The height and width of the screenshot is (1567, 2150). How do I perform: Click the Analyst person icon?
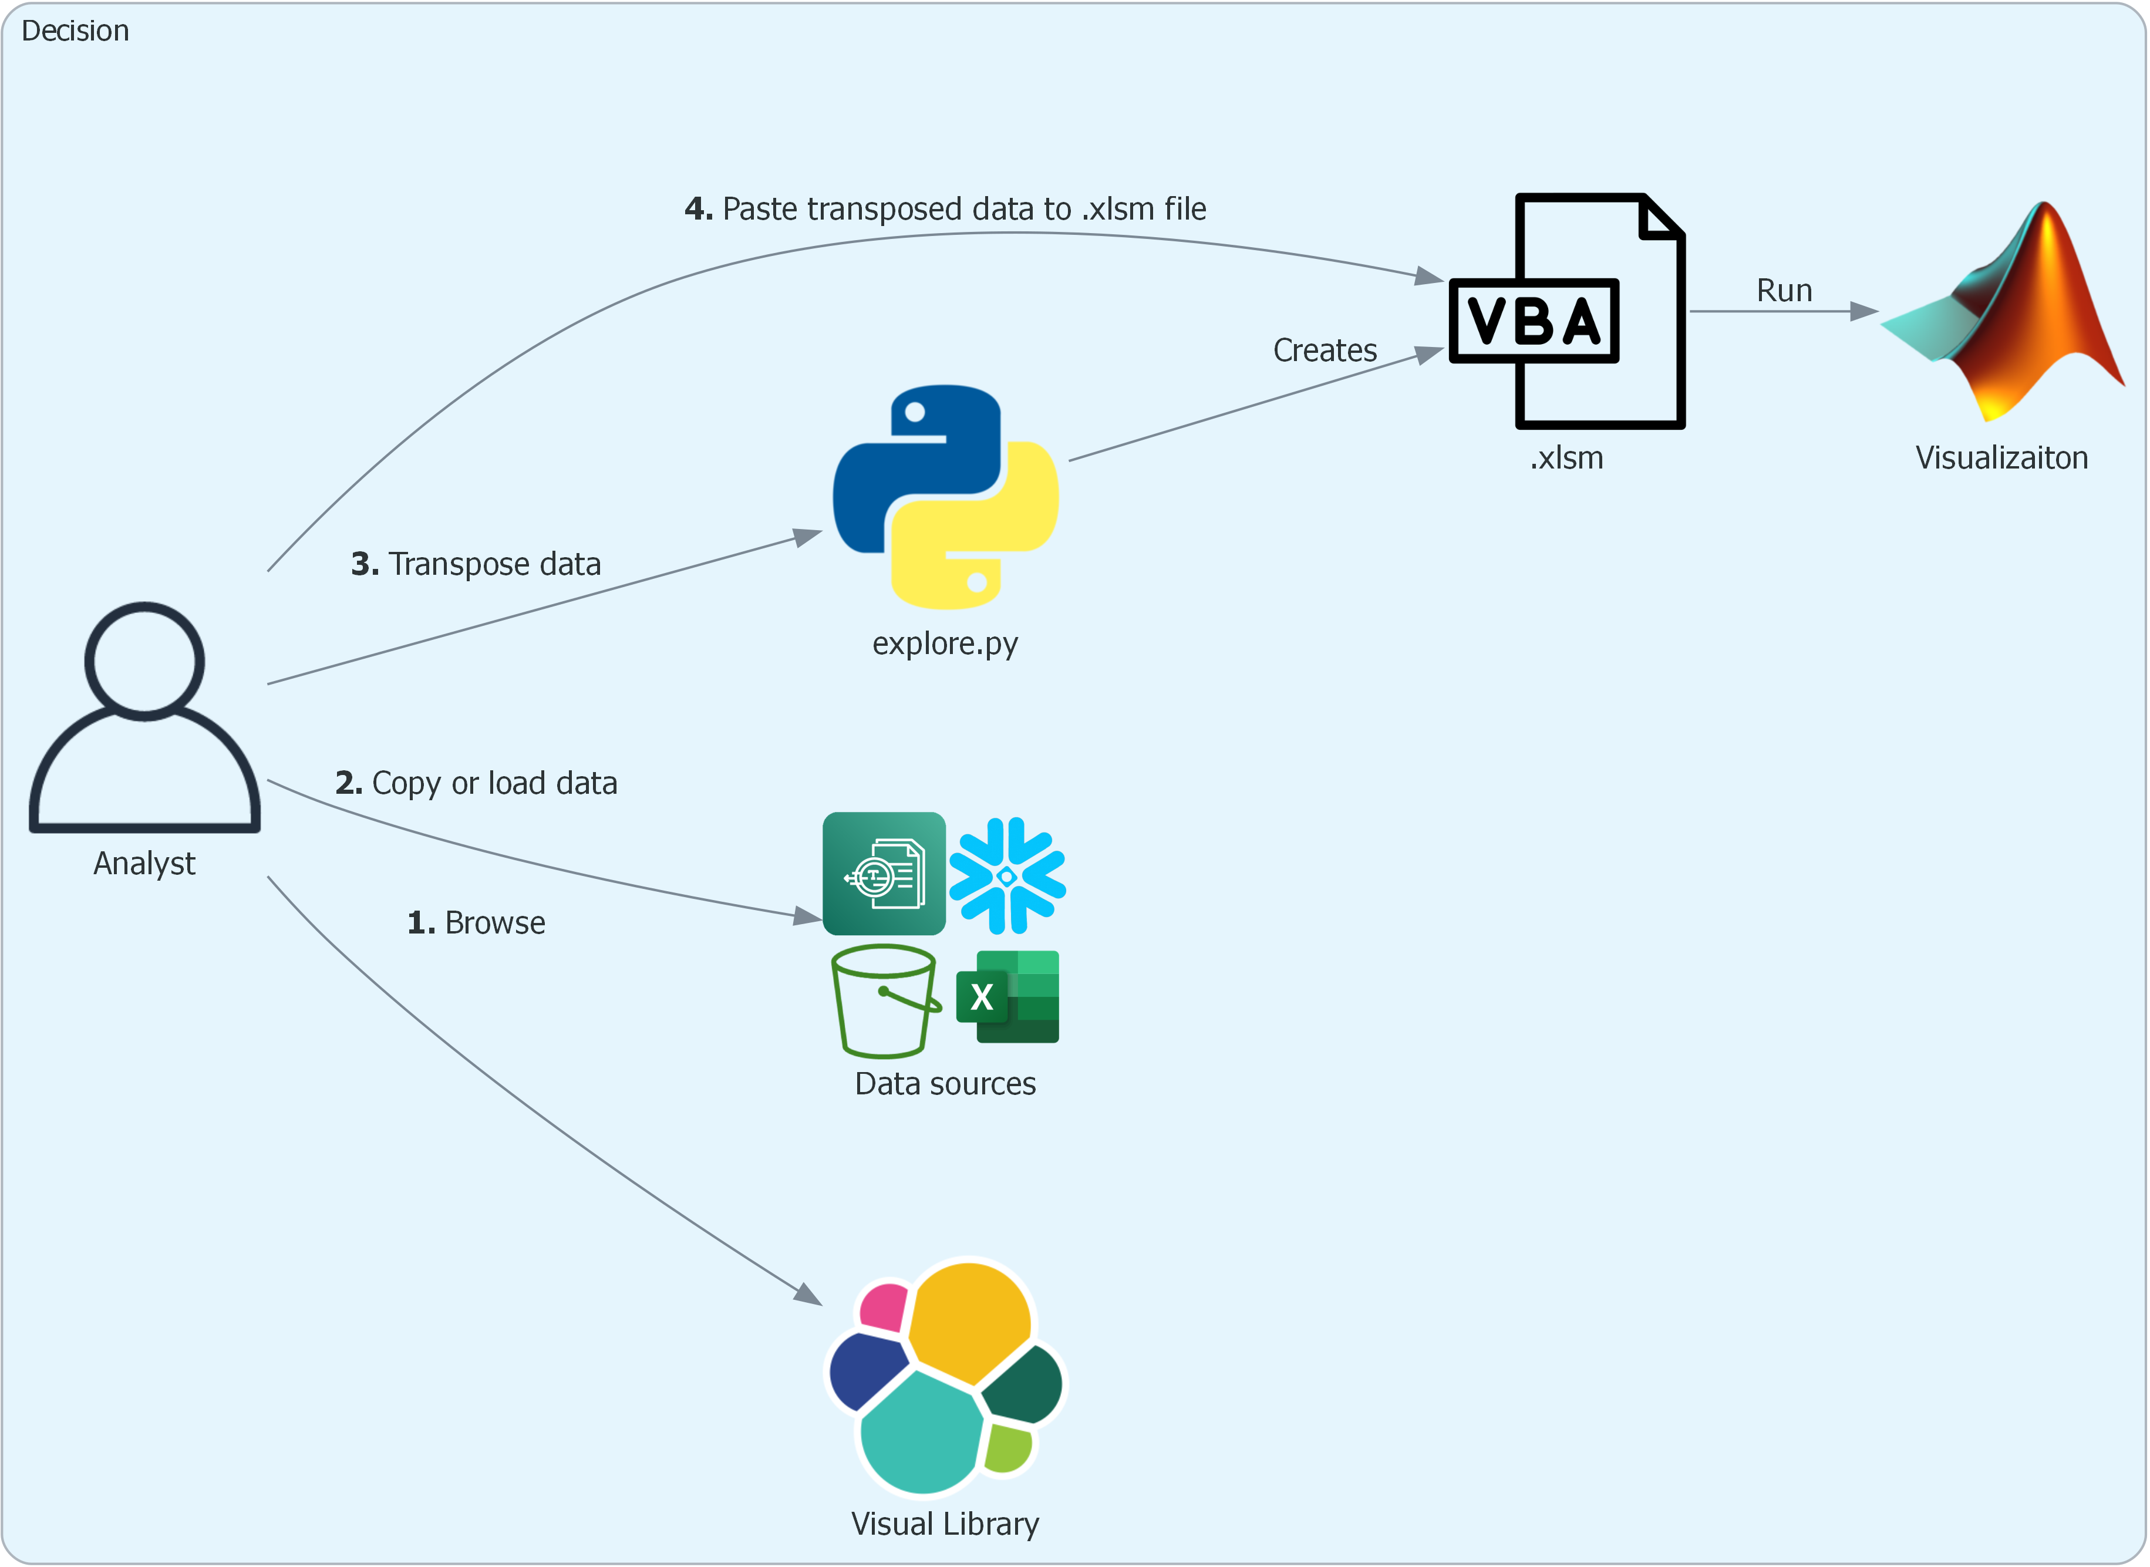coord(144,718)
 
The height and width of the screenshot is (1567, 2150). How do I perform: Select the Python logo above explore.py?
coord(946,497)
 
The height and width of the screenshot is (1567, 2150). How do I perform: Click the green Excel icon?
coord(1007,997)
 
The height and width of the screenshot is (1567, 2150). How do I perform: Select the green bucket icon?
coord(885,1000)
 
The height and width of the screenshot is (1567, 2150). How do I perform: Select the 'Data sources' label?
coord(946,1083)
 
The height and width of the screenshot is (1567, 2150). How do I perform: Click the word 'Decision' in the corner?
coord(75,31)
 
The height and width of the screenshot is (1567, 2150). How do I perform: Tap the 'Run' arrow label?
coord(1784,290)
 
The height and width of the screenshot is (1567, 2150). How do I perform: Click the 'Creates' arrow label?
coord(1325,350)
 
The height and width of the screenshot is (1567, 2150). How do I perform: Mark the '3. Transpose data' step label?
coord(476,564)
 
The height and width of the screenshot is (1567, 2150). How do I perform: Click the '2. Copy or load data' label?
coord(476,783)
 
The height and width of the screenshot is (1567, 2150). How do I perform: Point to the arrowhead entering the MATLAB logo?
coord(1865,311)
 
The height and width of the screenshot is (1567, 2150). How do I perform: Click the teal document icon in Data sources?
coord(884,874)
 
